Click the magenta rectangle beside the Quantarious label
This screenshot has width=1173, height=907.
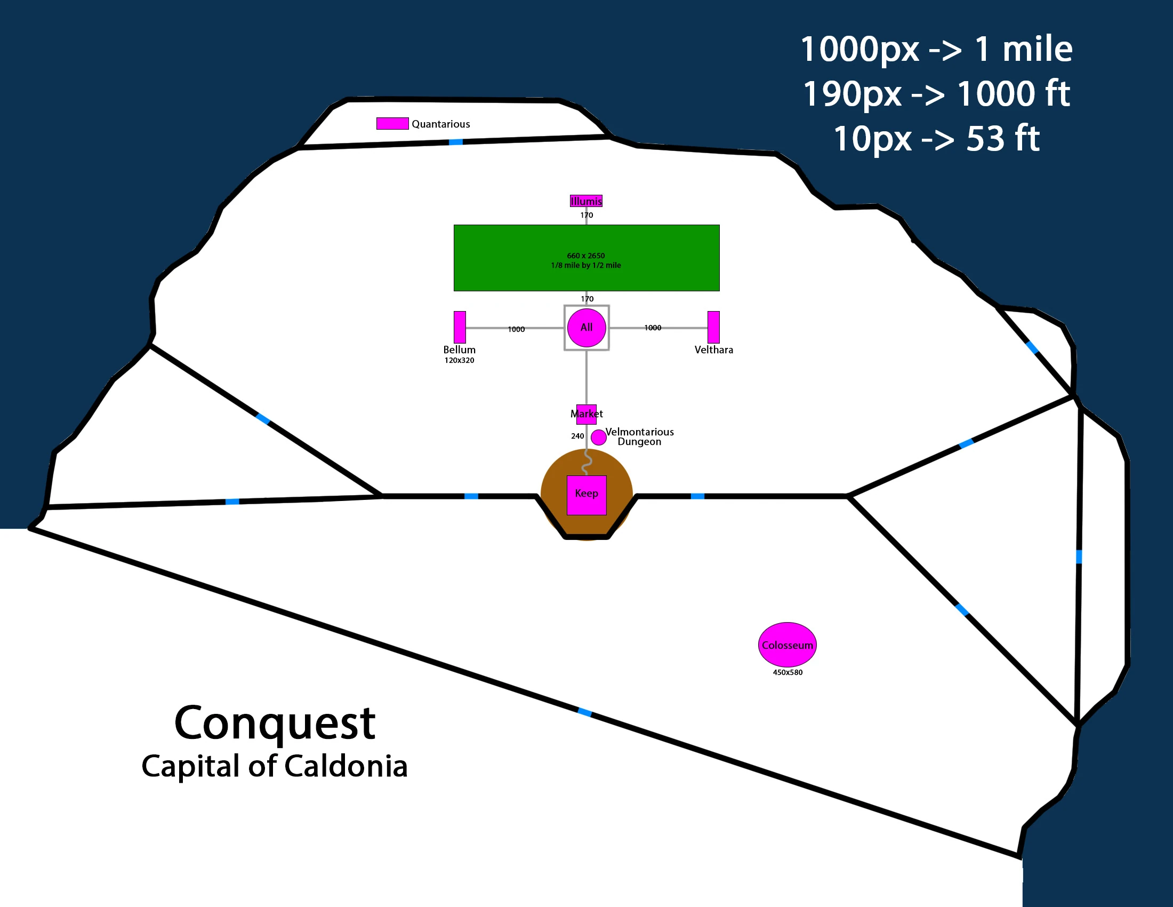pos(392,124)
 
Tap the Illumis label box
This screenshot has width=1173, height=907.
pos(586,201)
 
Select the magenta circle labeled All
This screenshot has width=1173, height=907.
pos(586,328)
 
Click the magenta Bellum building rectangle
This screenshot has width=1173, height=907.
pos(460,327)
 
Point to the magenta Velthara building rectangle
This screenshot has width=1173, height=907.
pos(713,327)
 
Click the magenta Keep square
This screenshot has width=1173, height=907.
pos(586,496)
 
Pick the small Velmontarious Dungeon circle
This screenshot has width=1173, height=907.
pos(598,437)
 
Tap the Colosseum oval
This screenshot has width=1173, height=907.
pos(788,645)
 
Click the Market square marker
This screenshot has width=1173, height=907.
pos(586,414)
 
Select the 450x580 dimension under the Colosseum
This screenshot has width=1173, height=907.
pos(788,672)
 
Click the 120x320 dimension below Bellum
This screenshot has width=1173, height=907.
pos(459,361)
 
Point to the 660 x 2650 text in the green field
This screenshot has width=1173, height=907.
pos(586,256)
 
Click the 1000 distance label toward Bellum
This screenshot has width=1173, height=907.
pos(516,329)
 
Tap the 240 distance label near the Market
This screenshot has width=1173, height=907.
pos(577,436)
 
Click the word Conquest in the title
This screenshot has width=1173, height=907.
pos(275,724)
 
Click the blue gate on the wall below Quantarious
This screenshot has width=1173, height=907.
pos(455,142)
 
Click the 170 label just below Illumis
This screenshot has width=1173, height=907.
pos(586,216)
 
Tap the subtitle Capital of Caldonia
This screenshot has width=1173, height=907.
pos(275,766)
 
